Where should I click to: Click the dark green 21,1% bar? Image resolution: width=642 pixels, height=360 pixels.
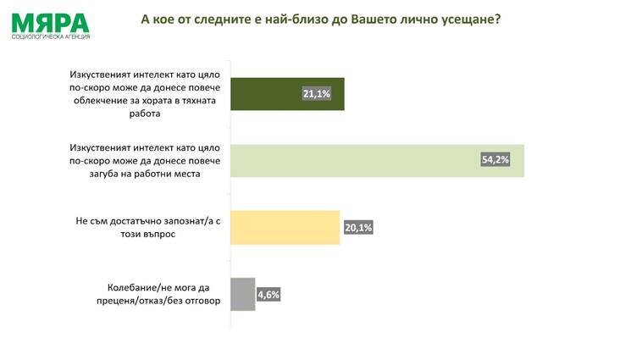click(287, 94)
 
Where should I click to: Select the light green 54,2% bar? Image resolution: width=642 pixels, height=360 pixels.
click(377, 161)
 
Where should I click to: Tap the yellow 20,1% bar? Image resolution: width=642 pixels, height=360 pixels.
click(285, 228)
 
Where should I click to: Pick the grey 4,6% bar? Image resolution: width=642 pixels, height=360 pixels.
click(243, 294)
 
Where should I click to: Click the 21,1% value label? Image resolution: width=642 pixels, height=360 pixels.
click(317, 94)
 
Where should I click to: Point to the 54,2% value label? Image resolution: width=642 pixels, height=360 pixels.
click(495, 159)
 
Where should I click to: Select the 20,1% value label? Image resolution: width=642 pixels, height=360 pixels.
click(358, 227)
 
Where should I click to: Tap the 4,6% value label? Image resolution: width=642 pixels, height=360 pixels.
click(268, 295)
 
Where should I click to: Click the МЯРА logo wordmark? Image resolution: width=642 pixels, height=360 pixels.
click(50, 23)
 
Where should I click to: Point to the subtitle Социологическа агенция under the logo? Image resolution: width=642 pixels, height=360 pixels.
click(51, 37)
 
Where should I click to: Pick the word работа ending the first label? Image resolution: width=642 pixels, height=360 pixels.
click(145, 114)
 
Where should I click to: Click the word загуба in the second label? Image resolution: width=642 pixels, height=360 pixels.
click(105, 174)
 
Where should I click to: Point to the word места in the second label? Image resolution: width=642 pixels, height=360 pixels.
click(186, 174)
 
